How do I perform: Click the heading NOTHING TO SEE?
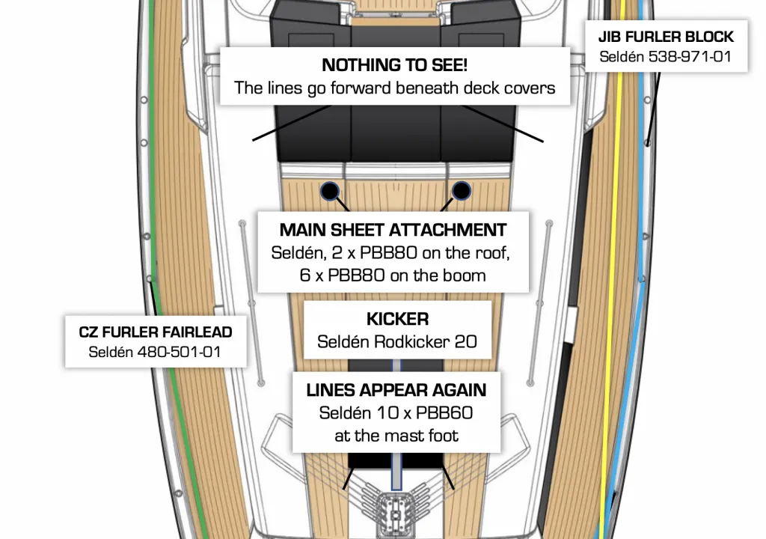tap(394, 65)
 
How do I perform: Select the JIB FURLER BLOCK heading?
tap(666, 37)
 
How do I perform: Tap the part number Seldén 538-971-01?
tap(666, 56)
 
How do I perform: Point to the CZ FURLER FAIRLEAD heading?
tap(156, 332)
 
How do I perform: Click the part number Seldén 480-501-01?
tap(156, 351)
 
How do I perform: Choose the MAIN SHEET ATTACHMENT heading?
tap(393, 230)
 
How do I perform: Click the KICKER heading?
tap(397, 320)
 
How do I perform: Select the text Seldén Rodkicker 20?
tap(397, 342)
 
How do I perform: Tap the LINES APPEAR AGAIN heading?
tap(396, 390)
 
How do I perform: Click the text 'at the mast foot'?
tap(396, 435)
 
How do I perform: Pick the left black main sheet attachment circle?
tap(329, 190)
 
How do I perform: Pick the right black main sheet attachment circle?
tap(462, 191)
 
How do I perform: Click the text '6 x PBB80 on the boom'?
tap(393, 275)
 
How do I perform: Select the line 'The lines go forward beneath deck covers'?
tap(394, 88)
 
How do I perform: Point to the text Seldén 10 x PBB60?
tap(396, 412)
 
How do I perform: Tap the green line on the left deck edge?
tap(155, 150)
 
